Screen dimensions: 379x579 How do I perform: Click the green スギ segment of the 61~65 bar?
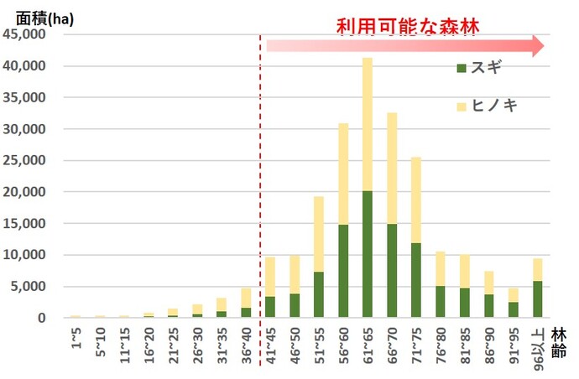pyautogui.click(x=367, y=254)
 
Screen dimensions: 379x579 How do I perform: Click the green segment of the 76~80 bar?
pyautogui.click(x=441, y=302)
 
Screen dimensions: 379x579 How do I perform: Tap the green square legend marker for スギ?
pyautogui.click(x=461, y=67)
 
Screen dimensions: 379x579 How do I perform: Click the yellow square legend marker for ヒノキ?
pyautogui.click(x=461, y=106)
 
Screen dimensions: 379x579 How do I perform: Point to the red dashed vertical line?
pyautogui.click(x=260, y=168)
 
